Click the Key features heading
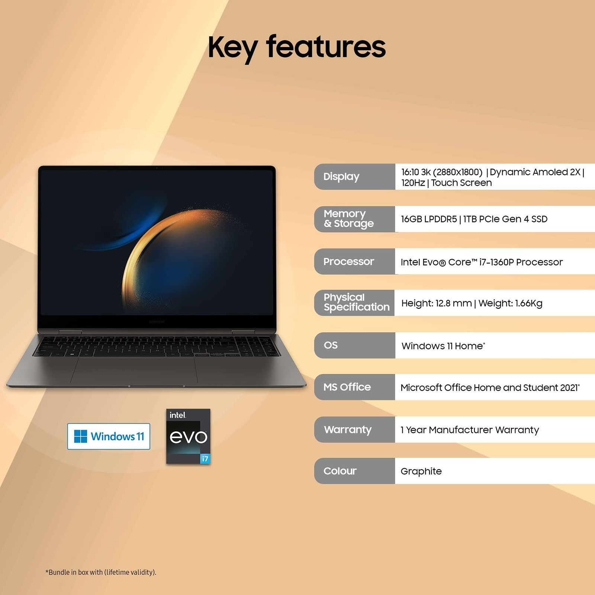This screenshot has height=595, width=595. click(296, 47)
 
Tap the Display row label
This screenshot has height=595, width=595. click(341, 177)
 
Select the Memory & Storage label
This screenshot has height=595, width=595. click(348, 219)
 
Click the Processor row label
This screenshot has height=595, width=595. click(348, 261)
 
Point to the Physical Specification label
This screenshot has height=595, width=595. click(356, 302)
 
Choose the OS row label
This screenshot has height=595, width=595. click(331, 345)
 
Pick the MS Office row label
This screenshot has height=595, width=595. click(347, 387)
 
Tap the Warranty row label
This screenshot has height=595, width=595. click(348, 430)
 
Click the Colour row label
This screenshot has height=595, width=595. click(340, 471)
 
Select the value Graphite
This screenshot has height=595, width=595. click(421, 472)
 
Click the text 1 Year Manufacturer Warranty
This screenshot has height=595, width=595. click(469, 430)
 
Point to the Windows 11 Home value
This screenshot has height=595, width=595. click(443, 346)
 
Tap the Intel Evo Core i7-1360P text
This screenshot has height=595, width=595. click(482, 262)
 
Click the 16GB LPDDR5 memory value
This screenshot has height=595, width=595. click(429, 219)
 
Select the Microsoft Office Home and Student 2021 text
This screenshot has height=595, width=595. click(489, 388)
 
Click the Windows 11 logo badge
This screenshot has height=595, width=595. click(109, 436)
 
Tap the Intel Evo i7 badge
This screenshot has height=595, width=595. click(188, 436)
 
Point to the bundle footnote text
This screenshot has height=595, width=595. click(101, 572)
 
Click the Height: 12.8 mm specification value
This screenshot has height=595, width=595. click(436, 303)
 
